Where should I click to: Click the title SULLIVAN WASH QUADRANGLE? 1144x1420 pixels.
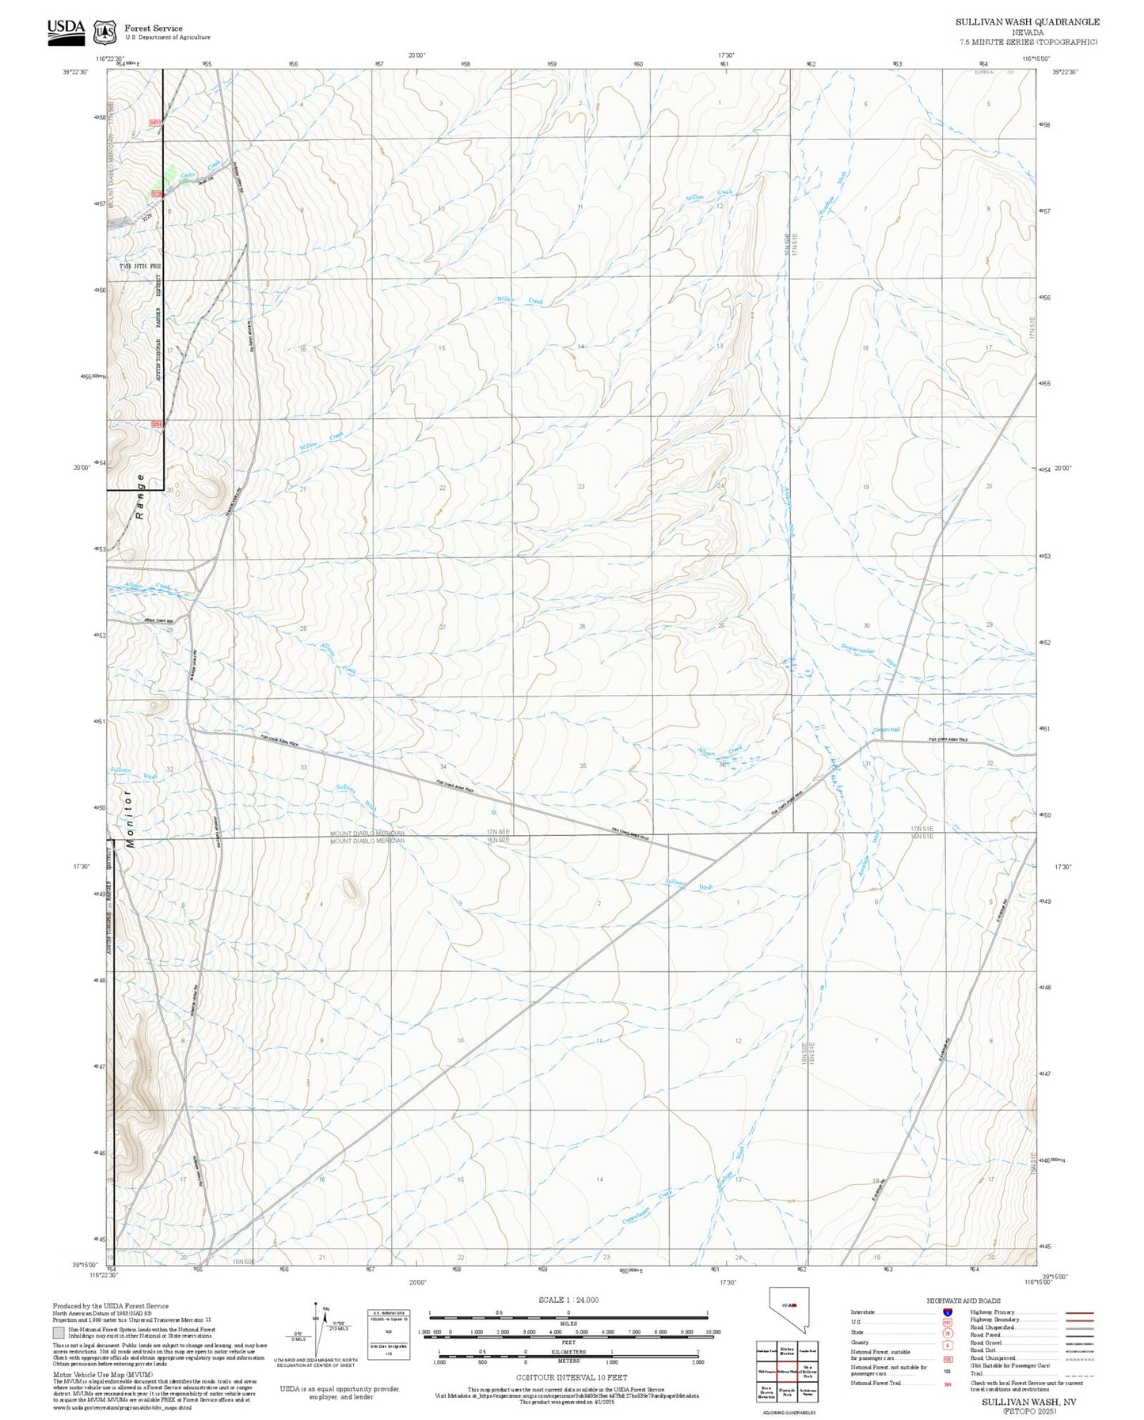[1027, 22]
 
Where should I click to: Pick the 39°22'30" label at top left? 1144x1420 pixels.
[75, 72]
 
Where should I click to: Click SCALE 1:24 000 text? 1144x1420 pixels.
[568, 1300]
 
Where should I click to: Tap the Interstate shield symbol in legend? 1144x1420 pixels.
[947, 1312]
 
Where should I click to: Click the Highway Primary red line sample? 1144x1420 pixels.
[1080, 1312]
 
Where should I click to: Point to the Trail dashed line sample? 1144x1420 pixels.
[1080, 1376]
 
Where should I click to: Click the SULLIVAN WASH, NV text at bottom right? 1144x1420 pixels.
[1028, 1401]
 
